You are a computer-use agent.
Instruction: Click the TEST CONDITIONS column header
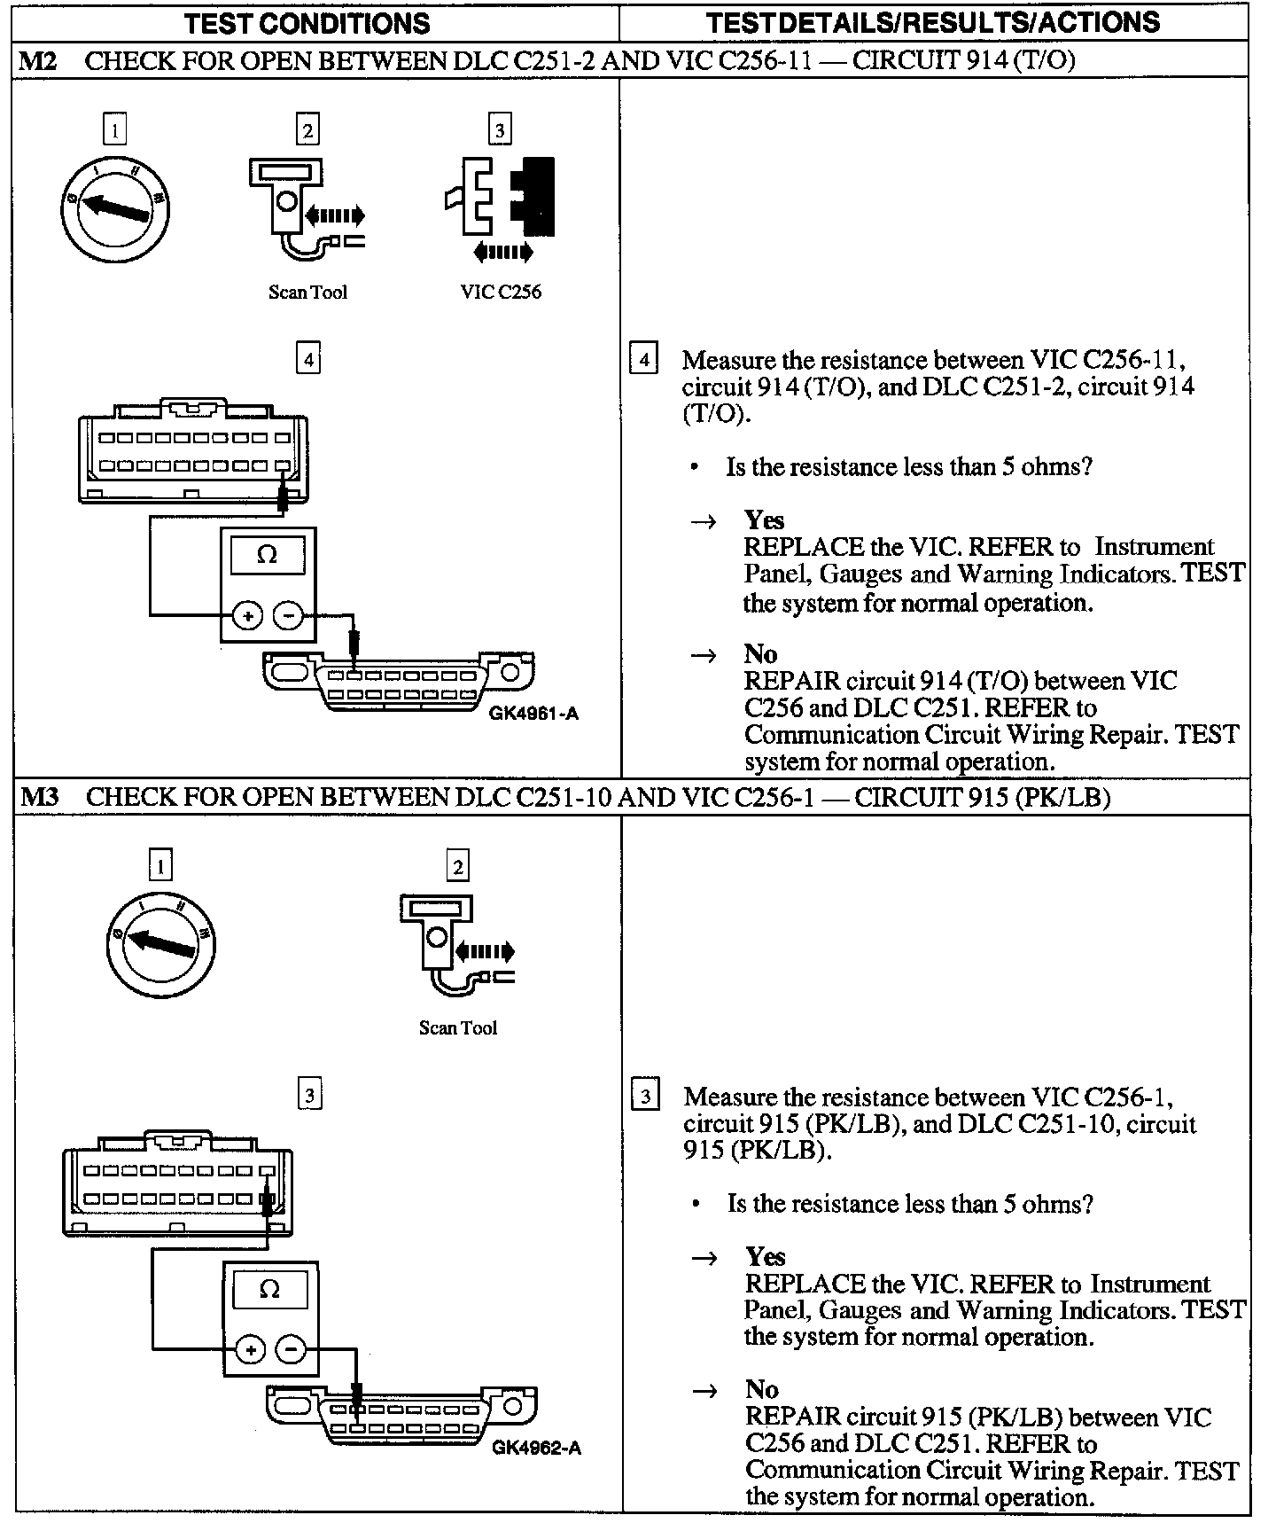(307, 22)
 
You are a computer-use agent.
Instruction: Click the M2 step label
(39, 60)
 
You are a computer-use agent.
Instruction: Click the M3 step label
(39, 796)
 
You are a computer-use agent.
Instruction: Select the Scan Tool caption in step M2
(307, 293)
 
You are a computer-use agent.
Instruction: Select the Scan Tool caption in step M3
(457, 1027)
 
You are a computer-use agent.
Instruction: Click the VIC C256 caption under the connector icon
(501, 292)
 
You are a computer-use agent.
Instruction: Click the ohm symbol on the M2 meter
(267, 555)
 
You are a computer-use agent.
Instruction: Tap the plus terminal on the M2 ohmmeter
(247, 614)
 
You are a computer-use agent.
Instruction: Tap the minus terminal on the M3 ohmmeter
(291, 1349)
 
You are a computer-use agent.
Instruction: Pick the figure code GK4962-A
(536, 1448)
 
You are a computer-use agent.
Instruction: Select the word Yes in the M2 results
(764, 519)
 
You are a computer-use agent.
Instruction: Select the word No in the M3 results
(761, 1388)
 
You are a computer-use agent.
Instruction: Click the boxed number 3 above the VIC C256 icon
(500, 131)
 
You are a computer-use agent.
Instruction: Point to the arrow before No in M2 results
(703, 655)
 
